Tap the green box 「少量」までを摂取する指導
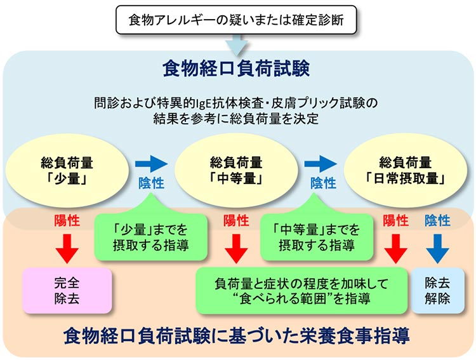[150, 237]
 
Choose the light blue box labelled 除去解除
[438, 290]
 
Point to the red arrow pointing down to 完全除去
[66, 248]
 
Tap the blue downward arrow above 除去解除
[437, 248]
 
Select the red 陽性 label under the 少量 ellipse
[66, 221]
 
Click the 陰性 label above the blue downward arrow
[437, 220]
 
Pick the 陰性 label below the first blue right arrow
[151, 183]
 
